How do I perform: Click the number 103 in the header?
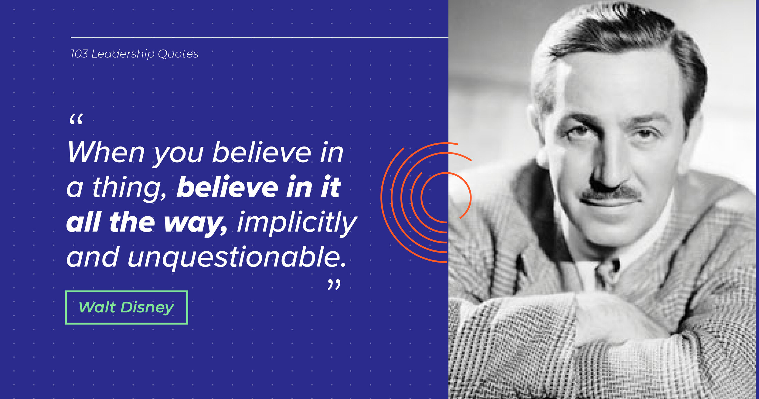79,54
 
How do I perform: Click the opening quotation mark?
76,119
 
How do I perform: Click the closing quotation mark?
334,285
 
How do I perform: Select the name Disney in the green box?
148,308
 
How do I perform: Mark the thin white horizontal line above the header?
260,38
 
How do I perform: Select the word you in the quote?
178,155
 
